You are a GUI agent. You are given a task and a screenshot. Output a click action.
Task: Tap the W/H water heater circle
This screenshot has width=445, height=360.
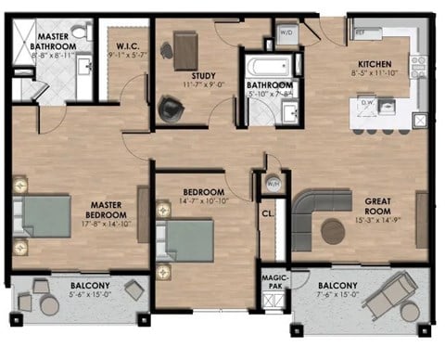[x=273, y=182]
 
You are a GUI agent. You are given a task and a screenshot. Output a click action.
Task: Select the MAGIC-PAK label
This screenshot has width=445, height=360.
[x=273, y=283]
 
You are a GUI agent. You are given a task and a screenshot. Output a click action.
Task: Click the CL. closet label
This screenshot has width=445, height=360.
[x=268, y=214]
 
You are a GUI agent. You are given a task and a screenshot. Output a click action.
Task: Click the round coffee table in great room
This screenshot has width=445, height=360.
[x=332, y=231]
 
